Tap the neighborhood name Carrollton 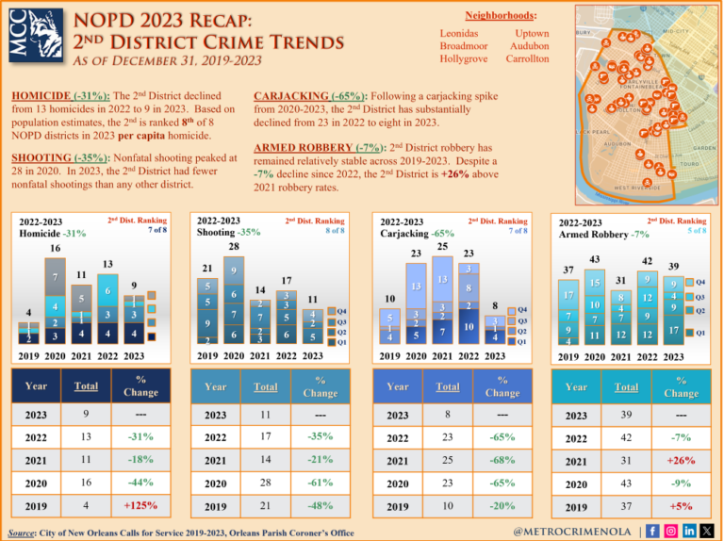point(527,58)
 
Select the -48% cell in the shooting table point(321,505)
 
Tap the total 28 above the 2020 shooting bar point(233,247)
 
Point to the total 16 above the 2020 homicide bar point(56,249)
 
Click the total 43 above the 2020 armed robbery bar point(594,259)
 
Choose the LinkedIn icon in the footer point(690,531)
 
